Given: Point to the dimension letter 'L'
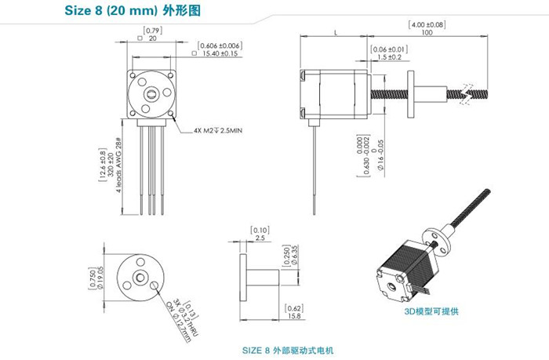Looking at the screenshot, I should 336,33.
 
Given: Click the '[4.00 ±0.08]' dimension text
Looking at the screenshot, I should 427,24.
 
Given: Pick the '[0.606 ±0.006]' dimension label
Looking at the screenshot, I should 220,45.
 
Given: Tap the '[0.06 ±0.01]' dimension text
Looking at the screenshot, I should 389,49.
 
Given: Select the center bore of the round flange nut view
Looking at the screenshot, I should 138,276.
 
